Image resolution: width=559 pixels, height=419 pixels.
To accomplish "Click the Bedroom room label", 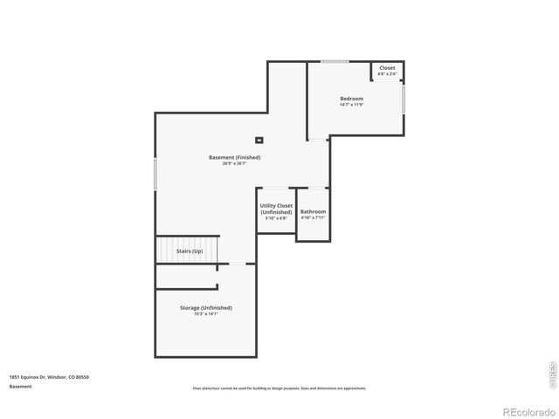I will point(351,99).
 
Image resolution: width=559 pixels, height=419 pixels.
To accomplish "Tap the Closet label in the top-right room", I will point(387,68).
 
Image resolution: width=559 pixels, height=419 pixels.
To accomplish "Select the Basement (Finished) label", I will point(234,157).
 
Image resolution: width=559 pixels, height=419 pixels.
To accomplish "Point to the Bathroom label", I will point(313,212).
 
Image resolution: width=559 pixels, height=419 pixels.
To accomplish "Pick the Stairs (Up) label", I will point(189,251).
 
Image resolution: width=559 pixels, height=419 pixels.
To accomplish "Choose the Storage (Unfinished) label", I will point(206,308).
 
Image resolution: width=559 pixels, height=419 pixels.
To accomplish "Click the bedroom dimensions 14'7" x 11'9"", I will point(351,106).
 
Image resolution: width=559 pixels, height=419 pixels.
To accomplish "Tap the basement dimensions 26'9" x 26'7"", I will point(234,164).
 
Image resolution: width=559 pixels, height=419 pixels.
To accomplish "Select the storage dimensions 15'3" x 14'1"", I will point(206,314).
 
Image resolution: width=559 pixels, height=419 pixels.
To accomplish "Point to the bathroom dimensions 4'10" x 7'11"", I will point(313,218).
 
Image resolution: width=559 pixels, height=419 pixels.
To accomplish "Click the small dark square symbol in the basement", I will point(259,140).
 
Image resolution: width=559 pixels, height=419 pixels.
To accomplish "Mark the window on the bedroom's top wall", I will point(335,61).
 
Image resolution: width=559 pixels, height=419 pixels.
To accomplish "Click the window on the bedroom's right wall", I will point(404,99).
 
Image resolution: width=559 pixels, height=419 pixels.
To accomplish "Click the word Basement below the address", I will point(20,386).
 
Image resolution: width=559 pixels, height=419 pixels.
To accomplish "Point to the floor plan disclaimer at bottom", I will point(279,388).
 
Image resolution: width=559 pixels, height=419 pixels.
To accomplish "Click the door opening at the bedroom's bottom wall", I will point(318,137).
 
